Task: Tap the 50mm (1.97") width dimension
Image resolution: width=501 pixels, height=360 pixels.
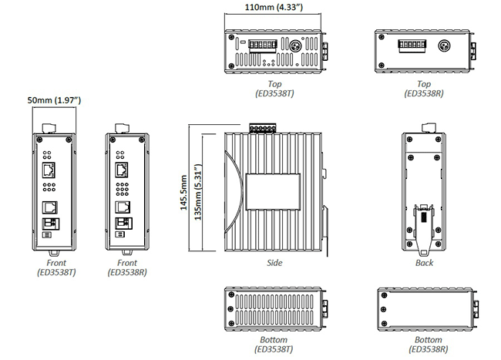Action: [x=54, y=100]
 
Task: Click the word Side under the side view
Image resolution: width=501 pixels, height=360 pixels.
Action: [x=274, y=263]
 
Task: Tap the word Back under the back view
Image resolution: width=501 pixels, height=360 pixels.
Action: [x=424, y=263]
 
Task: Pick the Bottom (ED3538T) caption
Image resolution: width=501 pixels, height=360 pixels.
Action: [x=274, y=344]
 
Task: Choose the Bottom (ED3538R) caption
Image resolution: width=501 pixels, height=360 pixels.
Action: [x=423, y=344]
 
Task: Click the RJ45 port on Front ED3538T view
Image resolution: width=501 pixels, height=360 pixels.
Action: [x=49, y=170]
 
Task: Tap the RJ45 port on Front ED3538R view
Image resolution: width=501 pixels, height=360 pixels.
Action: [x=121, y=170]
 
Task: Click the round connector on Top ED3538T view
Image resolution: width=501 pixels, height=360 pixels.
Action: [x=294, y=45]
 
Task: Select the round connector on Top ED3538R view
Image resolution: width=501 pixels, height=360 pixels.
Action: [x=443, y=46]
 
